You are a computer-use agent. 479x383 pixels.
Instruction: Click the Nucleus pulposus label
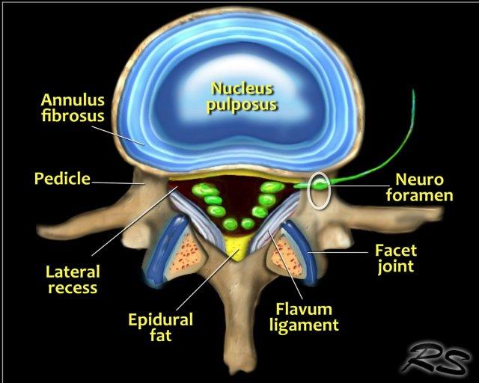point(242,95)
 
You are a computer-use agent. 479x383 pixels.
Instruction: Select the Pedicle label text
point(62,179)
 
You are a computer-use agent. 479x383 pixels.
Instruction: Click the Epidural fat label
point(160,327)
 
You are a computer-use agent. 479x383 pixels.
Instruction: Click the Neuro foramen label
point(424,187)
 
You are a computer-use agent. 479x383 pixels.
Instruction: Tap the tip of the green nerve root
point(411,93)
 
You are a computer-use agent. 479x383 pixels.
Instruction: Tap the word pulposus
point(242,103)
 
